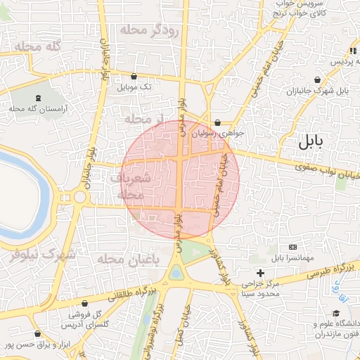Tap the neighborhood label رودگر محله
(x=150, y=30)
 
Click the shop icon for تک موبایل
(x=134, y=76)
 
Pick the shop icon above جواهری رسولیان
(x=217, y=122)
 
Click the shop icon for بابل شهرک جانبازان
(x=320, y=80)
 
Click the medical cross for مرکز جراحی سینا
(x=260, y=272)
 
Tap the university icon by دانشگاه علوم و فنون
(x=312, y=325)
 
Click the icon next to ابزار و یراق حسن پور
(x=37, y=334)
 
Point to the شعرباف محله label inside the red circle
(x=131, y=185)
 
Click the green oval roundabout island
(x=175, y=271)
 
